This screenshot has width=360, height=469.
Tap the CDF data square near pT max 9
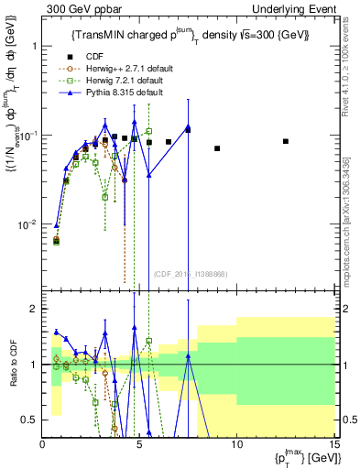coord(217,148)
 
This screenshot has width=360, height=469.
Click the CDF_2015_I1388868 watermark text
coord(190,274)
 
